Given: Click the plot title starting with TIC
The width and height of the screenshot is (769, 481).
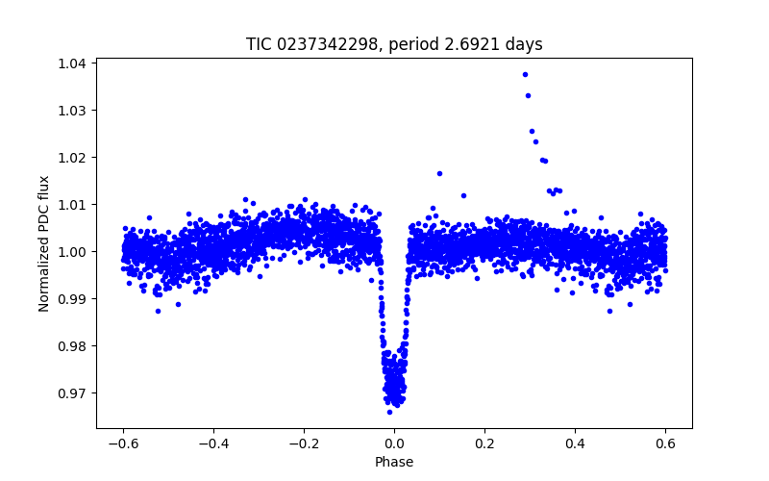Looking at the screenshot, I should (394, 44).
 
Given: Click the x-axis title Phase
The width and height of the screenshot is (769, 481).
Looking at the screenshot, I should (394, 463).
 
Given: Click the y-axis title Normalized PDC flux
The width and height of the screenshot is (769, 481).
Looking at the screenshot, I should (44, 242).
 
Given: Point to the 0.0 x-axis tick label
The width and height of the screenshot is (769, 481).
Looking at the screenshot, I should (394, 443).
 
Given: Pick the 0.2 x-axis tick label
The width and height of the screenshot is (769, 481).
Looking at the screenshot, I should (484, 443).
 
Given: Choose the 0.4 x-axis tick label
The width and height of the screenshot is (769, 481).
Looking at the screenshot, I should (575, 443).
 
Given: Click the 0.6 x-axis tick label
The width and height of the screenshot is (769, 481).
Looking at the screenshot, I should (665, 443).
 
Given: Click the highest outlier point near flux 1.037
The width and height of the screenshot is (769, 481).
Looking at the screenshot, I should (525, 74).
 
